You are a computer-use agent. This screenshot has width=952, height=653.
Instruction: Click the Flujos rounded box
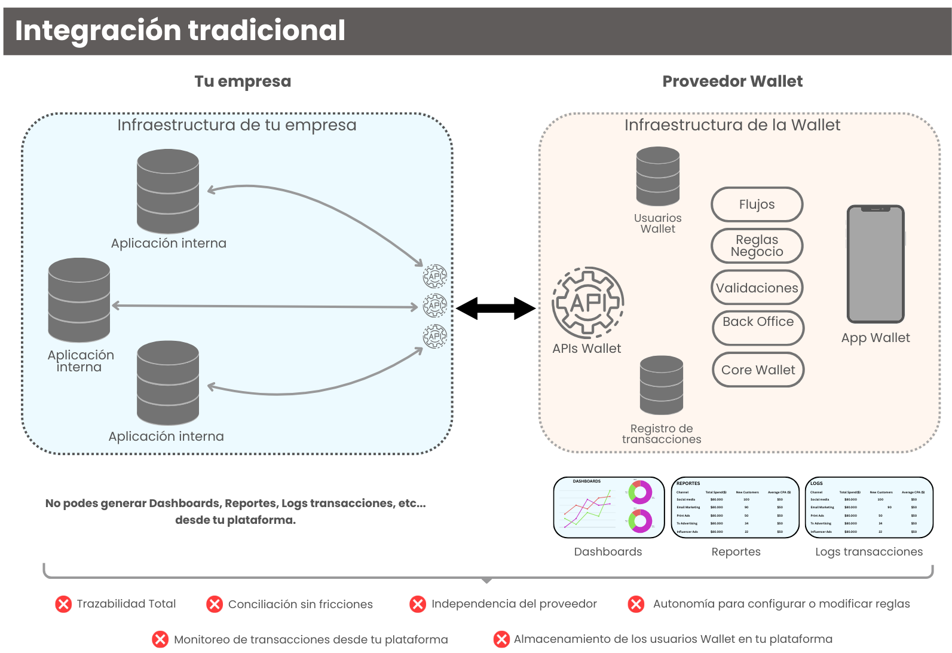coord(757,205)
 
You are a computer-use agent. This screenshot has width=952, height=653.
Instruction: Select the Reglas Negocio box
coord(757,246)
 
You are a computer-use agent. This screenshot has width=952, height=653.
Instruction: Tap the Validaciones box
coord(757,288)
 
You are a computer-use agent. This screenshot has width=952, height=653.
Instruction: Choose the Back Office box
coord(758,328)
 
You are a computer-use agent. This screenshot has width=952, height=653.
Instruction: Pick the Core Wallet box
coord(758,370)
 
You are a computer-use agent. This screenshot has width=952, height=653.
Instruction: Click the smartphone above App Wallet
coord(876,264)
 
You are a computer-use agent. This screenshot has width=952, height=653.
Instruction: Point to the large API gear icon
coord(588,303)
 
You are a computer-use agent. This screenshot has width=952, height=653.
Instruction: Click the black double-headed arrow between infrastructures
coord(495,309)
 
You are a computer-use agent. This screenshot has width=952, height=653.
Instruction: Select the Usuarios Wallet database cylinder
coord(658,177)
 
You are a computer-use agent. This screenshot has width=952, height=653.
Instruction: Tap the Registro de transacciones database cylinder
coord(661,385)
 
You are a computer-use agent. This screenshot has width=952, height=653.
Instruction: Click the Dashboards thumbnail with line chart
coord(608,508)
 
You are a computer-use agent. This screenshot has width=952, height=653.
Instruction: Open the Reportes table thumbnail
coord(736,508)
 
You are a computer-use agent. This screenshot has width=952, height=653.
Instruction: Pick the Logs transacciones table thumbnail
coord(869,508)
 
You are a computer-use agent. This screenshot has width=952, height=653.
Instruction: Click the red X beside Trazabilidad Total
coord(63,604)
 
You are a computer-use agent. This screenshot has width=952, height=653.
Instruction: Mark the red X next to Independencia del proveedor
coord(418,604)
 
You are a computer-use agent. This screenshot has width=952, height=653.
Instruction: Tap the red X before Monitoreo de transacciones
coord(160,639)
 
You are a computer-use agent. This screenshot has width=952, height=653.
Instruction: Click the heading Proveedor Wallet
coord(732,81)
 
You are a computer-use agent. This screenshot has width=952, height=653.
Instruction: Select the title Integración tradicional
coord(180,30)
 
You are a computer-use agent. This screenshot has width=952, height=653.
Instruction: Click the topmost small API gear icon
coord(434,276)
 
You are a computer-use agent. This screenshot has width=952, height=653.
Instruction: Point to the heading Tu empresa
coord(243,81)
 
